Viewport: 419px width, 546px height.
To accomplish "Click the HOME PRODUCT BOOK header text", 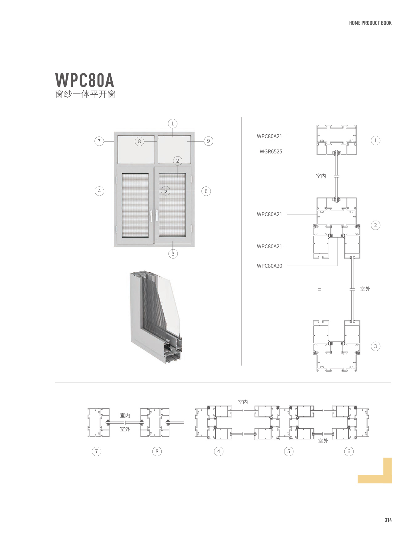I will coord(370,23).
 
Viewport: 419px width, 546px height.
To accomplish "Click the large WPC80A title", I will coord(85,80).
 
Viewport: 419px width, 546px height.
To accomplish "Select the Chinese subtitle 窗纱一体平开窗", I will coord(85,94).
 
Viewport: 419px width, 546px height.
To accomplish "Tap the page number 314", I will coord(388,520).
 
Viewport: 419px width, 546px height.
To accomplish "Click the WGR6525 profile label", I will coord(271,152).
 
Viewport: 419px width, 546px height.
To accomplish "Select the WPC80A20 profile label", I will coord(269,266).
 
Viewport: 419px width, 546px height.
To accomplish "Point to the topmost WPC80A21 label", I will coord(269,136).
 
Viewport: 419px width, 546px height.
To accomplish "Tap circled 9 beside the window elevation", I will coord(208,141).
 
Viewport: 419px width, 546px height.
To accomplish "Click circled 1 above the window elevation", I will coord(172,124).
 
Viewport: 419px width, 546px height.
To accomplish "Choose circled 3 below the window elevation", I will coord(173,254).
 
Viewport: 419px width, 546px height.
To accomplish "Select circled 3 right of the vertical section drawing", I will coord(375,346).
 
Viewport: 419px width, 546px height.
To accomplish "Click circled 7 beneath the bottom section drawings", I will coord(97,451).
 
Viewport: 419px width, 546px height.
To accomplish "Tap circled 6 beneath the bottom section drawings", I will coord(349,451).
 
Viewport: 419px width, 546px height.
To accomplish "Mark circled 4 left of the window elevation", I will coord(99,191).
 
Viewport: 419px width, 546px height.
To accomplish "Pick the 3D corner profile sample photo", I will coord(156,317).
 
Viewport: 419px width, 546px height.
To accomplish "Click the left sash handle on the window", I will coord(151,216).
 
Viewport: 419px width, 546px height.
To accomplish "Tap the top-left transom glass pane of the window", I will coord(136,149).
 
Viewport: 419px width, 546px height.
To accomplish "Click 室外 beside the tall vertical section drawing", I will coord(365,289).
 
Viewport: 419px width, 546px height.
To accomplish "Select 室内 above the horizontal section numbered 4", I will coord(243,402).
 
